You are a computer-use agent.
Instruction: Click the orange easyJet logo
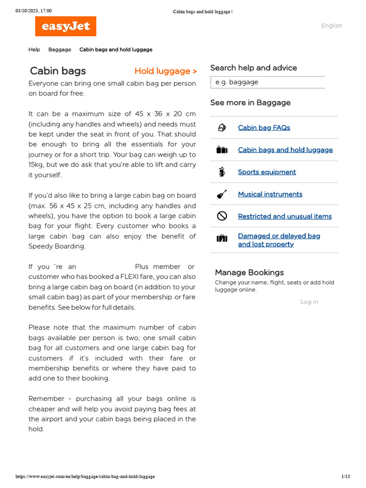click(66, 26)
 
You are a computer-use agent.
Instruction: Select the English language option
click(331, 26)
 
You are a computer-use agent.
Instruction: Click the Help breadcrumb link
click(34, 50)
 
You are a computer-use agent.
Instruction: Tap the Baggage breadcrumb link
click(60, 50)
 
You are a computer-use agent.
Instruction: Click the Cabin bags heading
click(58, 71)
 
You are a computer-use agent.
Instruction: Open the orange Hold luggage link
click(165, 71)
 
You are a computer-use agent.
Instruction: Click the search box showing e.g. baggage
click(267, 82)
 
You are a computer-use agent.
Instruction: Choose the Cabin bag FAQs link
click(264, 128)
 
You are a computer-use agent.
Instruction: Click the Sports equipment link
click(267, 172)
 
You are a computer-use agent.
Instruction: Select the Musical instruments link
click(270, 194)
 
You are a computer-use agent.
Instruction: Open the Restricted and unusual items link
click(285, 216)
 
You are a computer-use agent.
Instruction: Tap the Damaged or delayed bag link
click(279, 236)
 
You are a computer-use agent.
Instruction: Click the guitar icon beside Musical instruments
click(222, 194)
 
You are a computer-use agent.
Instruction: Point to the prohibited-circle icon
click(222, 216)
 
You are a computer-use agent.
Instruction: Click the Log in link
click(309, 302)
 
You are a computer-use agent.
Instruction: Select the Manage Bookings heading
click(249, 273)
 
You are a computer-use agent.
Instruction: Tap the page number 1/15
click(346, 477)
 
